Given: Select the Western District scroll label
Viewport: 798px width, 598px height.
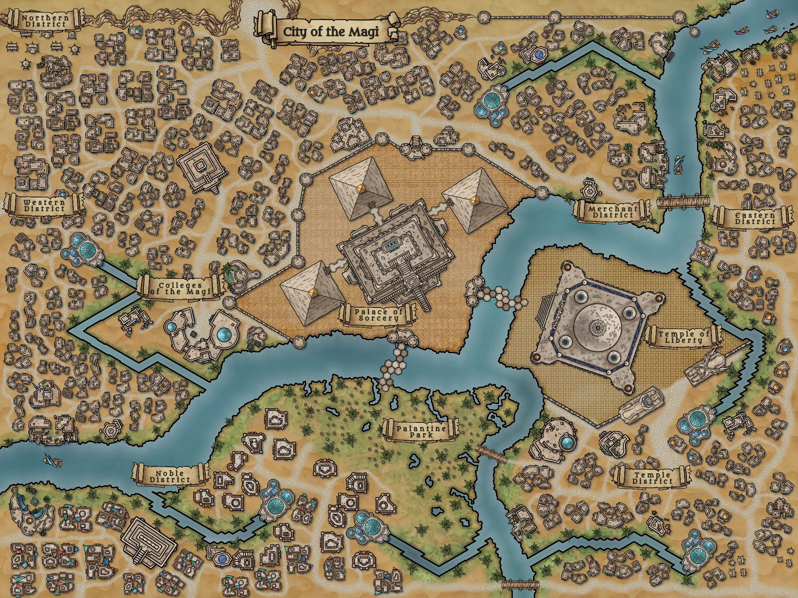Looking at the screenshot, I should coord(44,205).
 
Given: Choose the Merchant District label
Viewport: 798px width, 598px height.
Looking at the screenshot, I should coord(611,211).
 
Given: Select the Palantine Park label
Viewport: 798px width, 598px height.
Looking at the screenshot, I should coord(421,431).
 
